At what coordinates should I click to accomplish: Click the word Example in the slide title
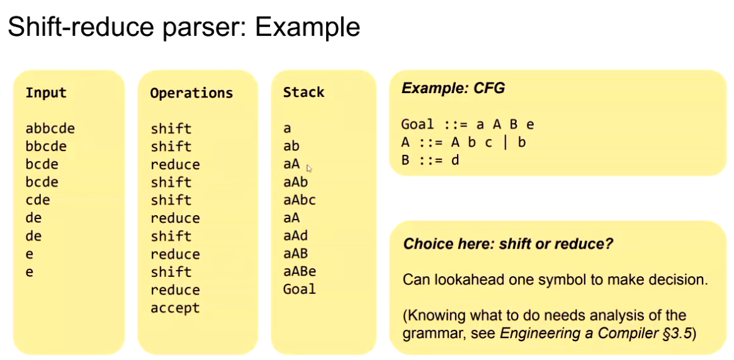tap(308, 28)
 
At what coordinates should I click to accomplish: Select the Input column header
tap(46, 93)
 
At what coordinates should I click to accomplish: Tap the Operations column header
tap(191, 93)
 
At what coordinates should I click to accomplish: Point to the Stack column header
tap(303, 93)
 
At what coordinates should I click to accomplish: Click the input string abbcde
tap(50, 128)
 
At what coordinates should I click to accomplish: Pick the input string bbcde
tap(46, 146)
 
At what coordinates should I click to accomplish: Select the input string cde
tap(38, 200)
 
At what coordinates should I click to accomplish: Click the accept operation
tap(175, 308)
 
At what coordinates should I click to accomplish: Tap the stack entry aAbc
tap(300, 200)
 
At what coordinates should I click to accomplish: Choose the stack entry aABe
tap(300, 271)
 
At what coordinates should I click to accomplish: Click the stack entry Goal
tap(300, 290)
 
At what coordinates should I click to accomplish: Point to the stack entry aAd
tap(295, 235)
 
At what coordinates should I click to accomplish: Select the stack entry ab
tap(291, 146)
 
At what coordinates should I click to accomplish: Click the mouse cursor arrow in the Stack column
tap(309, 168)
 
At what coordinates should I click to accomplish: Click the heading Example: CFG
tap(453, 89)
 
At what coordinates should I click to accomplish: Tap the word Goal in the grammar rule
tap(417, 125)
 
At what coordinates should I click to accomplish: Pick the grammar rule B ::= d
tap(430, 160)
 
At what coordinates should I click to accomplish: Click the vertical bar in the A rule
tap(505, 142)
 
